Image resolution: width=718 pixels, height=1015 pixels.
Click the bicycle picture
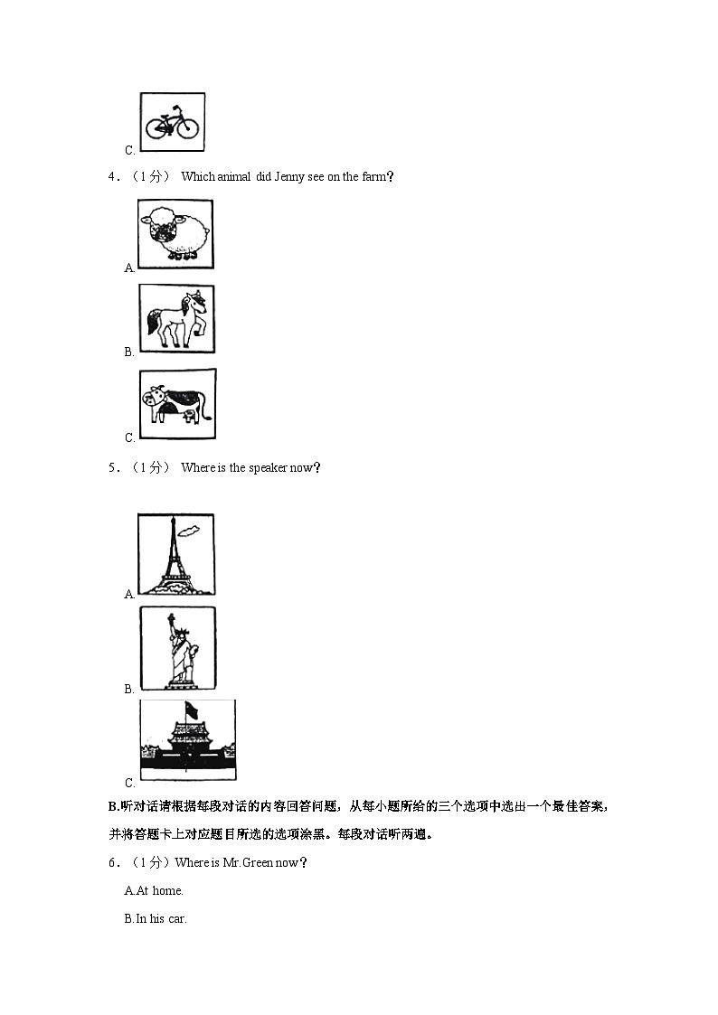173,122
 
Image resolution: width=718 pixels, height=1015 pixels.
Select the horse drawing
177,318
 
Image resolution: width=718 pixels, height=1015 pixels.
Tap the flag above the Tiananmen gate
190,710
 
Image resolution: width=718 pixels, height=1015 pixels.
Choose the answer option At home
155,890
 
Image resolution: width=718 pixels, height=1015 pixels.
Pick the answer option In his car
156,919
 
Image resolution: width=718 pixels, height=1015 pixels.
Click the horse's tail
154,321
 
